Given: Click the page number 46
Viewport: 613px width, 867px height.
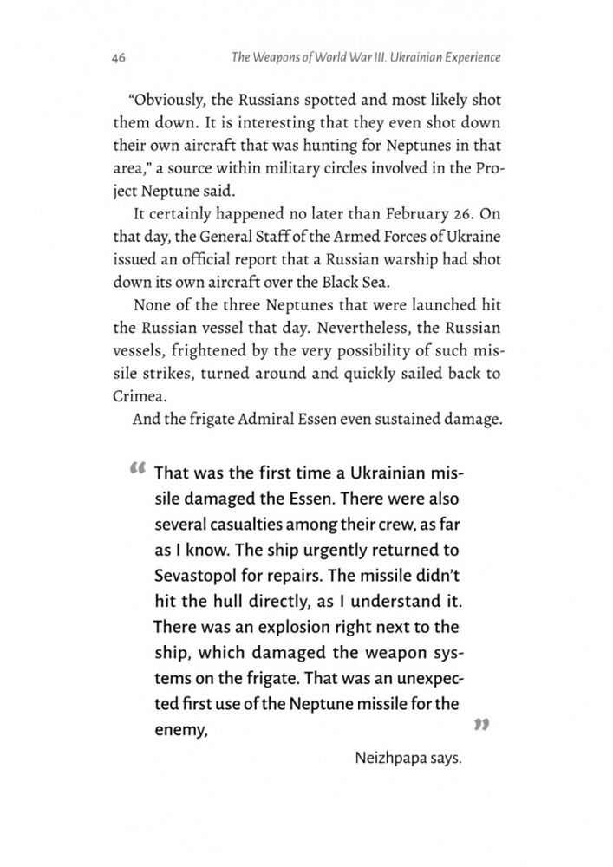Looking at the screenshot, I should [x=121, y=59].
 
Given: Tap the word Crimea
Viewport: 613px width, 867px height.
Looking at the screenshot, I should [x=138, y=394].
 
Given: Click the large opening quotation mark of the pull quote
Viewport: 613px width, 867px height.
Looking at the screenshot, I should [x=137, y=470].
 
